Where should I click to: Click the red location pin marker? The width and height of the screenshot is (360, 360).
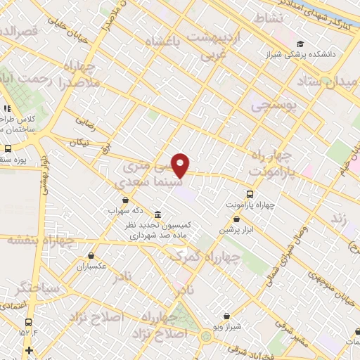[181, 165]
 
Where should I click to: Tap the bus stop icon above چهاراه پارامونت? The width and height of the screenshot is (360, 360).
[250, 193]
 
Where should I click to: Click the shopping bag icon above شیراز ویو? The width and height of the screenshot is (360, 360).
[226, 317]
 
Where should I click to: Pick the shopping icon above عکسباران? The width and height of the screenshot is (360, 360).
[91, 257]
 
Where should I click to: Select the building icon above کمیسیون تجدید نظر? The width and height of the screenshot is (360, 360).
[156, 214]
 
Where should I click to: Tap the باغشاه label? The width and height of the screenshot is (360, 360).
[163, 43]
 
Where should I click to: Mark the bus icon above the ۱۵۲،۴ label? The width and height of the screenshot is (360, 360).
[8, 314]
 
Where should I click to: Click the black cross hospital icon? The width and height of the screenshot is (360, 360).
[28, 350]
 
